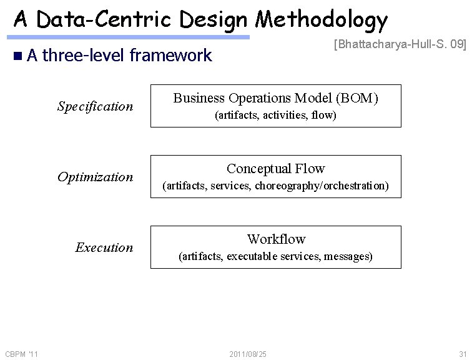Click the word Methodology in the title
click(322, 20)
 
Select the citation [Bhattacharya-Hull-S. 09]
click(400, 44)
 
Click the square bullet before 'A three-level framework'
click(17, 56)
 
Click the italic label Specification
click(95, 106)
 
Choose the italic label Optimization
click(95, 177)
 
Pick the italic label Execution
click(104, 247)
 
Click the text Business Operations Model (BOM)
click(275, 98)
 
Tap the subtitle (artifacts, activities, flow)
click(275, 115)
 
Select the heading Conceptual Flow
click(275, 169)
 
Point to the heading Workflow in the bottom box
click(276, 239)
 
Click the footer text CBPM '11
click(22, 354)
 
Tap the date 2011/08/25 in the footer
click(248, 354)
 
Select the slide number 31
click(462, 354)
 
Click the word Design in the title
click(215, 20)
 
